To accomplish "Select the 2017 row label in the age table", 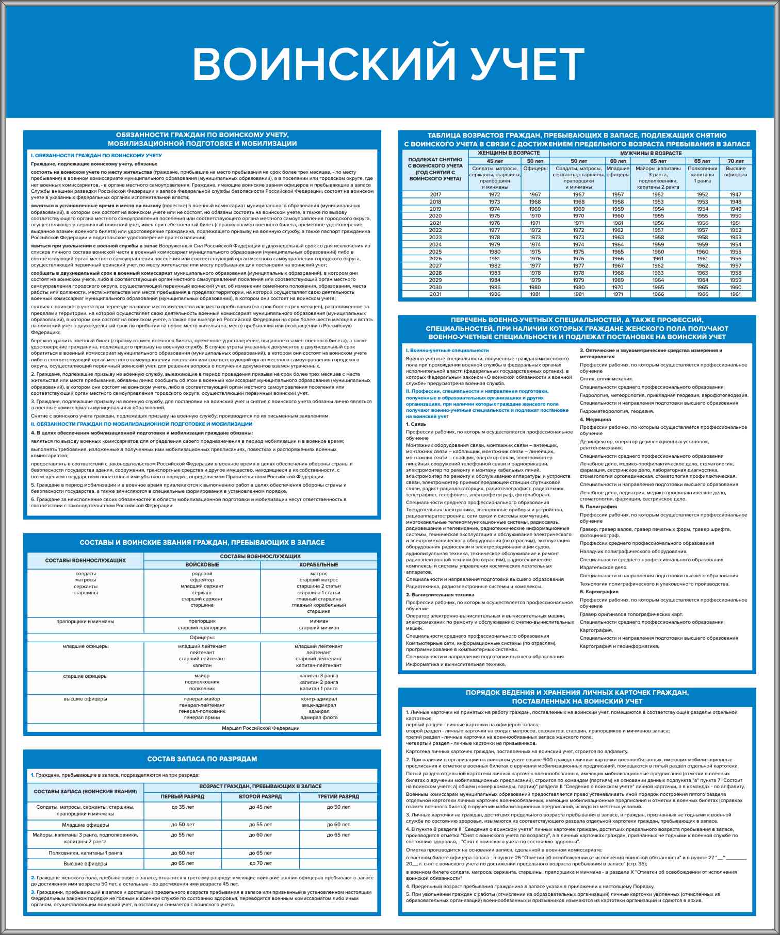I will point(435,195).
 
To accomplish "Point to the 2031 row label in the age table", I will point(435,294).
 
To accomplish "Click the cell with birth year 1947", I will point(735,195).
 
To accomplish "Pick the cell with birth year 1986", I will point(494,294).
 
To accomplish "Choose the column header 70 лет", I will point(735,161).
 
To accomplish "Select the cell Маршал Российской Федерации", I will point(260,728).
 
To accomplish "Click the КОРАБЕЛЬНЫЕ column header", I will point(318,565).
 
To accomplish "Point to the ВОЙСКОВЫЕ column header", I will point(202,565).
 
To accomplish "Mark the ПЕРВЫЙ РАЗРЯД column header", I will point(183,796).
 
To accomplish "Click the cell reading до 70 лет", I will point(260,863).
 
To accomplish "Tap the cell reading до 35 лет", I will point(183,807).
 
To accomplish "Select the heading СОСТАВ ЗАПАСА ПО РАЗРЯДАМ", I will point(202,759).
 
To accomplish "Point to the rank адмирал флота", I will point(318,717).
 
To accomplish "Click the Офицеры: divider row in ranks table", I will point(202,638).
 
